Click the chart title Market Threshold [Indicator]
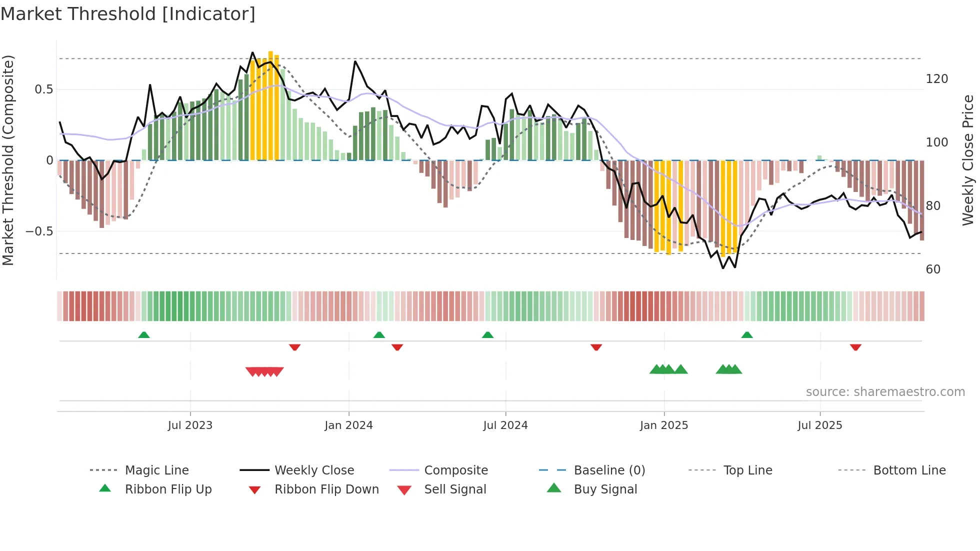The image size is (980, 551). [x=128, y=14]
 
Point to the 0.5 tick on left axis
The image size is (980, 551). [x=43, y=89]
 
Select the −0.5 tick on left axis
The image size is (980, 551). [x=39, y=231]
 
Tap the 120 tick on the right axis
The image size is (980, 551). [x=936, y=79]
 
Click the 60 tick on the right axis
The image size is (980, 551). [x=933, y=269]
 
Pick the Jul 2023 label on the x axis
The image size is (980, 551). [x=190, y=425]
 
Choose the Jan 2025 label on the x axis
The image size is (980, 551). [x=663, y=425]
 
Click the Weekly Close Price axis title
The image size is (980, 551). [x=968, y=160]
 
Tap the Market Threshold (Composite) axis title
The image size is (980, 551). [x=8, y=160]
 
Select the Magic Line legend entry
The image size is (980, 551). [x=156, y=470]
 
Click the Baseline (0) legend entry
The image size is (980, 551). [x=609, y=470]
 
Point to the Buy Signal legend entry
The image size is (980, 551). [x=605, y=489]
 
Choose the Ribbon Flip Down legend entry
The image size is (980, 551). [x=326, y=489]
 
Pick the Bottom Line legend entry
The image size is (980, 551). [x=909, y=470]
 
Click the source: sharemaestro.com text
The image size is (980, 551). [x=885, y=392]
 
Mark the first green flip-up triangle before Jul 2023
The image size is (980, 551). [x=144, y=335]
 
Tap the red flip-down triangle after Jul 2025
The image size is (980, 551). [x=855, y=347]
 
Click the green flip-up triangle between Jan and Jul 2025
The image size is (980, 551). [x=747, y=335]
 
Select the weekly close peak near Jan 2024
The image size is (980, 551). [x=355, y=61]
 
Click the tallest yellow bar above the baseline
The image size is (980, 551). [x=270, y=105]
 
